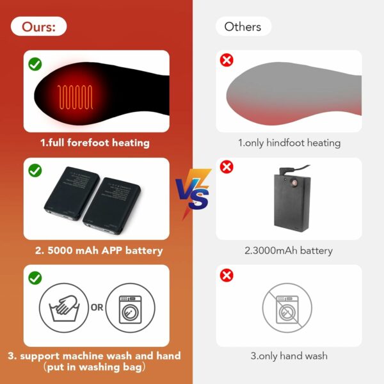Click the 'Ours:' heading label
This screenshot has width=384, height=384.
click(x=38, y=26)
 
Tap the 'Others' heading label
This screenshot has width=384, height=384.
click(x=243, y=26)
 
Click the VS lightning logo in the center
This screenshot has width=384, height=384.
click(x=193, y=193)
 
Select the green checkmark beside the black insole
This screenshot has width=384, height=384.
click(x=35, y=64)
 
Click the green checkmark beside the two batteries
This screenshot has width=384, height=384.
click(x=35, y=170)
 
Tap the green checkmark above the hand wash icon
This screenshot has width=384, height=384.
click(x=35, y=278)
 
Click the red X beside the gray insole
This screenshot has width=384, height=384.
click(x=227, y=60)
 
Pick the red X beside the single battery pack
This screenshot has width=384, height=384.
click(x=227, y=167)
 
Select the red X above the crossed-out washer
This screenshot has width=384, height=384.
click(x=227, y=275)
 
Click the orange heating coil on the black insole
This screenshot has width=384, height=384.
click(x=75, y=97)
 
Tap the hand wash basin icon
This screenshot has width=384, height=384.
click(x=64, y=308)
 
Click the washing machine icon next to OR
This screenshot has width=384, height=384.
click(x=131, y=308)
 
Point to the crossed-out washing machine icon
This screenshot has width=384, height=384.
click(x=287, y=308)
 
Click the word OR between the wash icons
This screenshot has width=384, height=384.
click(x=97, y=307)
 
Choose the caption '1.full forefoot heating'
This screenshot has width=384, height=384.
click(x=95, y=143)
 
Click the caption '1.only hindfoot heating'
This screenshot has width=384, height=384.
click(x=289, y=143)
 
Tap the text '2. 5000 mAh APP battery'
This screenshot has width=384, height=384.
click(x=99, y=250)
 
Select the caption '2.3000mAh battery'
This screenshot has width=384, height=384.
click(x=289, y=250)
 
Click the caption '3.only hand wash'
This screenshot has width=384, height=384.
click(x=289, y=356)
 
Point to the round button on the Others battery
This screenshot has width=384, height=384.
click(x=292, y=183)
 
